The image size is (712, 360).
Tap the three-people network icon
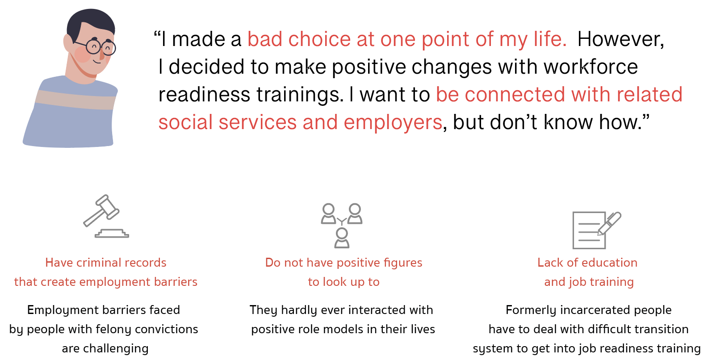click(x=342, y=226)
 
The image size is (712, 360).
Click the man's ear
click(x=68, y=43)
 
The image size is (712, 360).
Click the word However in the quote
click(x=620, y=39)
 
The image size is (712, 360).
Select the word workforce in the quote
click(x=591, y=67)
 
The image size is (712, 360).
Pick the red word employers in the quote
click(x=393, y=122)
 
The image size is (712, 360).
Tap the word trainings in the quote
click(x=300, y=95)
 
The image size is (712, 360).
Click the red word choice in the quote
click(x=319, y=39)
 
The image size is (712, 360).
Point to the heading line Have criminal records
click(x=106, y=263)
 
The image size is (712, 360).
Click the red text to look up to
click(x=343, y=282)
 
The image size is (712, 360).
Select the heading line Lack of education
click(x=587, y=263)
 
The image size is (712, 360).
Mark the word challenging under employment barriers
click(x=116, y=349)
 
